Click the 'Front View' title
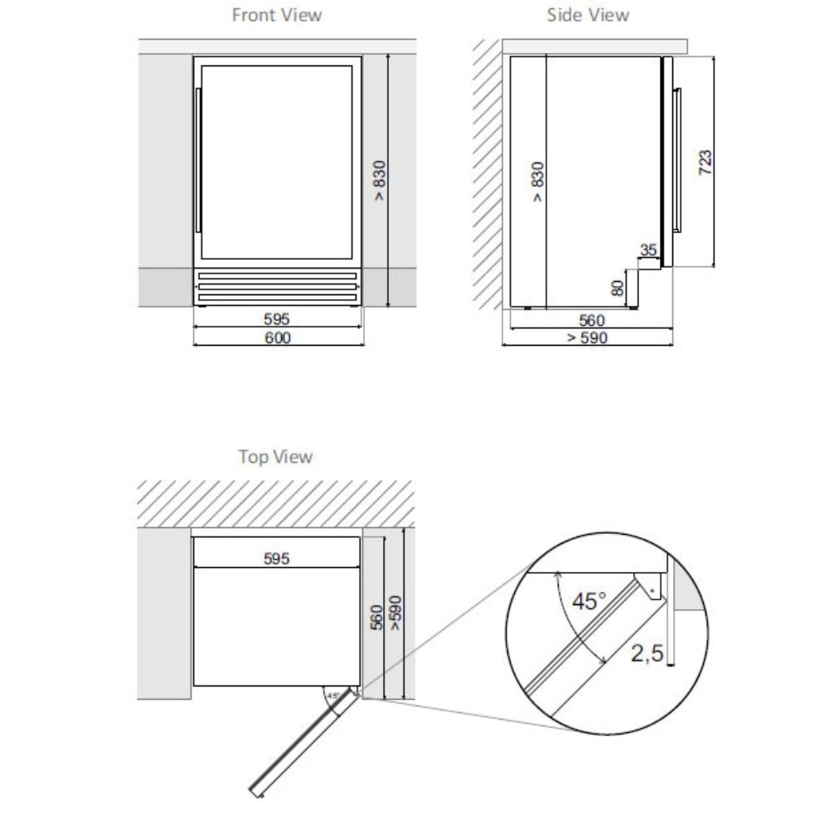277,15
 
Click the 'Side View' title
588,15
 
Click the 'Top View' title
275,456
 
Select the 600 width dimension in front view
278,337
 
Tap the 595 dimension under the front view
277,319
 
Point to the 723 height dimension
705,162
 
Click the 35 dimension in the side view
648,250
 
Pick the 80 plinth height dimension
618,288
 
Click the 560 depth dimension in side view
592,320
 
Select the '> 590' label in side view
588,337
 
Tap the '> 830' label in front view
379,180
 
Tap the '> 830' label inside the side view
537,182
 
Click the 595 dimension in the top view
277,558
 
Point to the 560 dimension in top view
376,618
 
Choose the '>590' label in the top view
395,613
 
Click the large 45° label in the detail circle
589,601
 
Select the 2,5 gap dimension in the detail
647,653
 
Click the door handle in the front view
198,160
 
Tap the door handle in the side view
677,160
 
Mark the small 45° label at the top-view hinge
333,696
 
